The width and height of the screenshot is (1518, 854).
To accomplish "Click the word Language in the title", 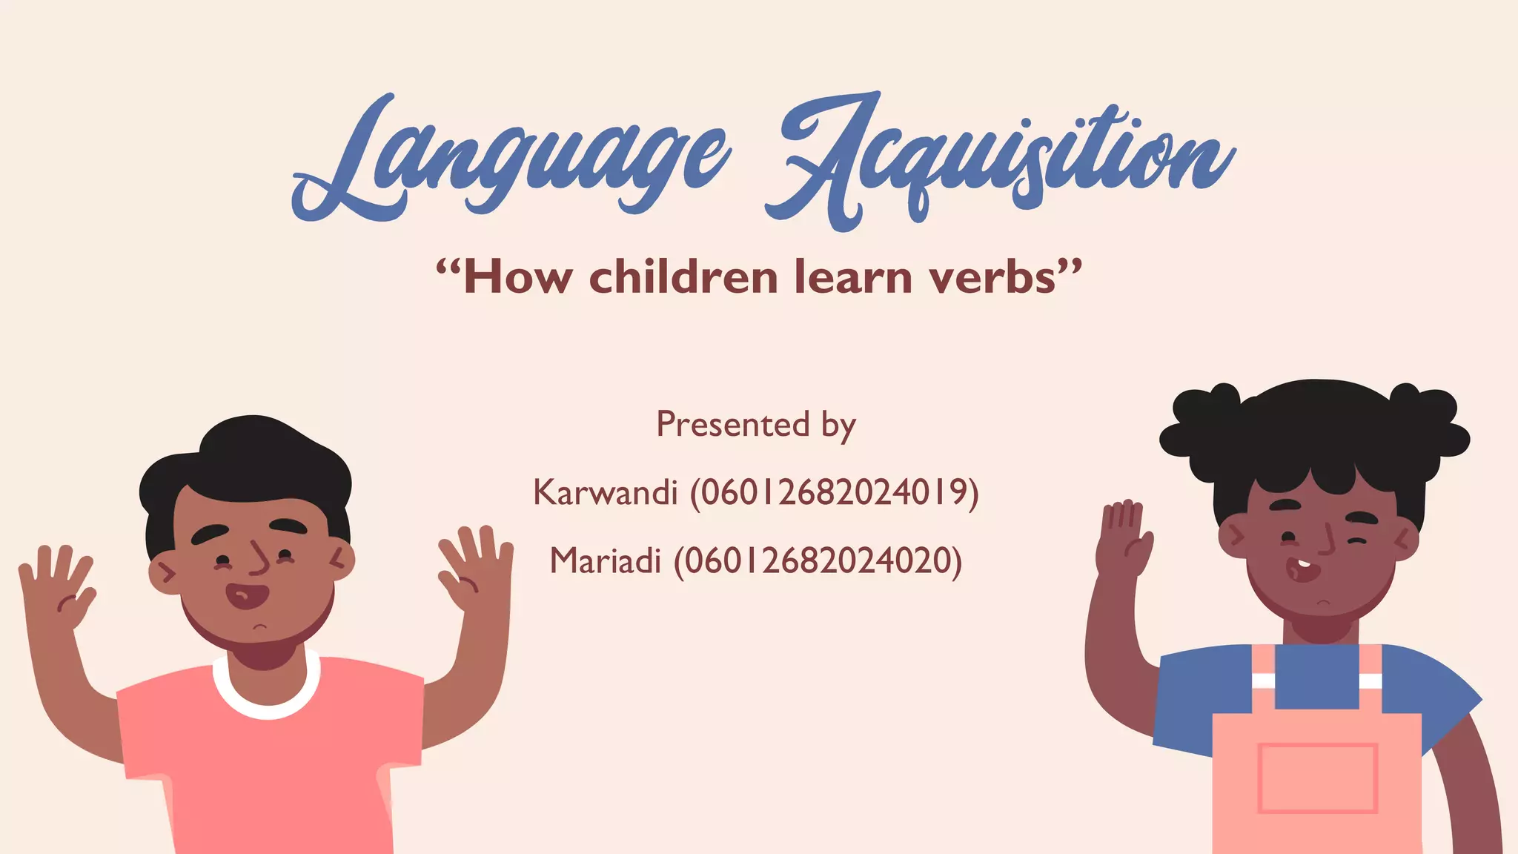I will click(x=511, y=159).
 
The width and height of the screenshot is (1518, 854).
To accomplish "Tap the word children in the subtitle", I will click(x=683, y=277).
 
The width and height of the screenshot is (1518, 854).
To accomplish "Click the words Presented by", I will click(x=756, y=425).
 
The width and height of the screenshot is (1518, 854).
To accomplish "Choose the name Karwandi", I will click(x=605, y=492).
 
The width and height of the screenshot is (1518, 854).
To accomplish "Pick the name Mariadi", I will click(x=605, y=560).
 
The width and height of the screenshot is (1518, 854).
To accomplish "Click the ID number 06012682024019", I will click(x=835, y=492).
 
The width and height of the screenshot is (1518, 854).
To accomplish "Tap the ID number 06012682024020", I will click(x=818, y=560).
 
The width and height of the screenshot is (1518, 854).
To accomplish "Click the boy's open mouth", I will click(x=247, y=595).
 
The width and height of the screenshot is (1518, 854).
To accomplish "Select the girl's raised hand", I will click(x=1124, y=537).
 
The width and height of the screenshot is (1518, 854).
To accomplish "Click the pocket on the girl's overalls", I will click(x=1317, y=778).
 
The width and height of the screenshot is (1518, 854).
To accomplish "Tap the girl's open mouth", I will click(x=1302, y=570).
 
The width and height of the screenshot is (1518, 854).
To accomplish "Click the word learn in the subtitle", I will click(x=852, y=277).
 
